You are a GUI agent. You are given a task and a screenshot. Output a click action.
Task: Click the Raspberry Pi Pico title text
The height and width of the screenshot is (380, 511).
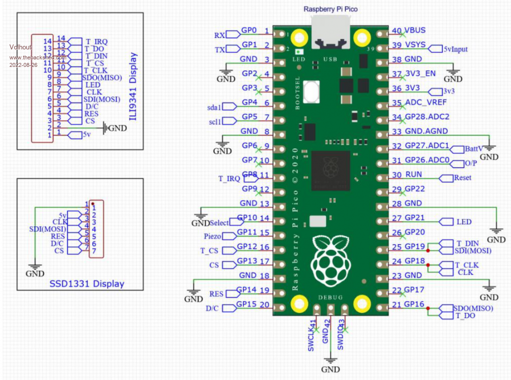(x=331, y=9)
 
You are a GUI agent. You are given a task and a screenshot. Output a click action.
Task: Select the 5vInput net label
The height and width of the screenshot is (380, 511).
(x=455, y=49)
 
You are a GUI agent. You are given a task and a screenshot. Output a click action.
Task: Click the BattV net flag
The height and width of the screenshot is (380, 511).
(x=473, y=149)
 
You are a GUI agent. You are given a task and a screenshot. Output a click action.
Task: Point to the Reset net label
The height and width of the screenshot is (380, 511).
(x=462, y=178)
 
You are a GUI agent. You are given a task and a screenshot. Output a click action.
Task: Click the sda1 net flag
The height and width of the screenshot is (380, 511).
(x=215, y=106)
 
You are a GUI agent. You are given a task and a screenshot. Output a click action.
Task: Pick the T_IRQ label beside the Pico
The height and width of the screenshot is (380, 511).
(x=229, y=178)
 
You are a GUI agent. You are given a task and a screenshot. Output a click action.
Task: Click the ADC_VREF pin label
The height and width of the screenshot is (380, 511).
(x=425, y=103)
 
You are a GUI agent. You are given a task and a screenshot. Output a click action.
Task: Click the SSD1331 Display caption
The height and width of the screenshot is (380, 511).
(x=87, y=284)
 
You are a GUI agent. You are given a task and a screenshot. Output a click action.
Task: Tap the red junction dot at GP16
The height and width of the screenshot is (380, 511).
(x=429, y=309)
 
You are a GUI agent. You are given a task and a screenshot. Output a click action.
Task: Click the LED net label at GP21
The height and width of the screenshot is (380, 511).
(x=464, y=221)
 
